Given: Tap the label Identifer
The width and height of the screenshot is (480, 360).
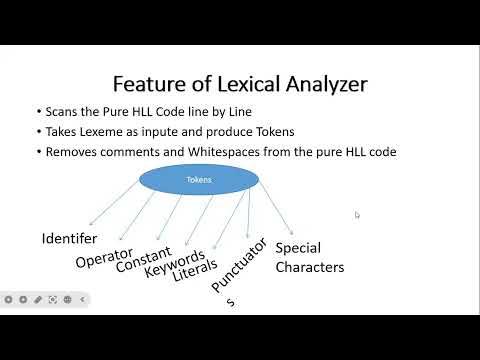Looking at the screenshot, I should click(x=69, y=239).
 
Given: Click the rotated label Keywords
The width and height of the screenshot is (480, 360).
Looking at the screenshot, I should click(x=174, y=262).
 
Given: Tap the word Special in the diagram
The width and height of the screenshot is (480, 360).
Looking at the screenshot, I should click(x=299, y=248).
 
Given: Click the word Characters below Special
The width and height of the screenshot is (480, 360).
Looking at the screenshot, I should click(x=310, y=267).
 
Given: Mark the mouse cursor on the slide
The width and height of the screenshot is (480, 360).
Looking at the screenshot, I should click(x=357, y=214).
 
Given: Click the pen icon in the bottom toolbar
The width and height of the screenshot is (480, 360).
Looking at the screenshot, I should click(x=38, y=299).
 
